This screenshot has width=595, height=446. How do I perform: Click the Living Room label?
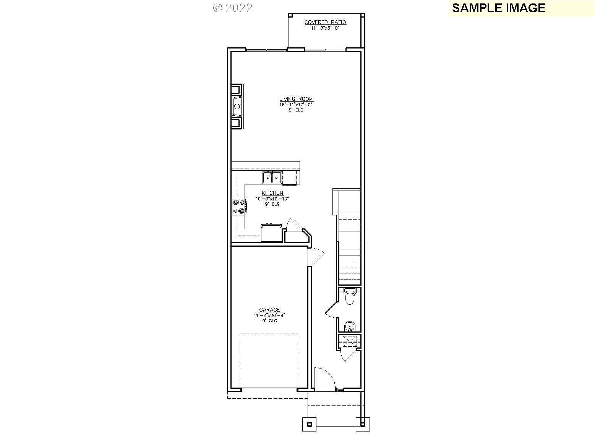[x=296, y=99]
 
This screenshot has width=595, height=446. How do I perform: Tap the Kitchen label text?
[x=272, y=193]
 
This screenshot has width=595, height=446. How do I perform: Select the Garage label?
[x=269, y=310]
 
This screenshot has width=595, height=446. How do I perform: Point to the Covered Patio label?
[x=325, y=22]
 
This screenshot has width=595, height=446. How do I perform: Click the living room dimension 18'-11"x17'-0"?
[x=296, y=104]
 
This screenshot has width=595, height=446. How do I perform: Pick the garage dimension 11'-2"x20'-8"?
[x=269, y=315]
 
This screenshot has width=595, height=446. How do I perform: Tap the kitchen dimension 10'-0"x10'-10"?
[x=272, y=199]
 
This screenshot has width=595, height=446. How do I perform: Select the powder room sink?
[x=349, y=327]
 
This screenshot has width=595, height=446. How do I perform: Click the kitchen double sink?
[x=272, y=178]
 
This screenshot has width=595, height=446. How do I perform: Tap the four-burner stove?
[x=239, y=206]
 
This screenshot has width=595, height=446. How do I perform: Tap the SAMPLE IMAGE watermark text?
[x=498, y=8]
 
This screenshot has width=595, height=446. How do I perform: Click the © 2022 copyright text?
[x=233, y=8]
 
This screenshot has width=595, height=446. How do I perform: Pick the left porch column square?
[x=310, y=424]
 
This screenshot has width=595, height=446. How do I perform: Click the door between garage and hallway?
[x=316, y=255]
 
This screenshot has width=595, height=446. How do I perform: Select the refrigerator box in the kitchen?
[x=271, y=233]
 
